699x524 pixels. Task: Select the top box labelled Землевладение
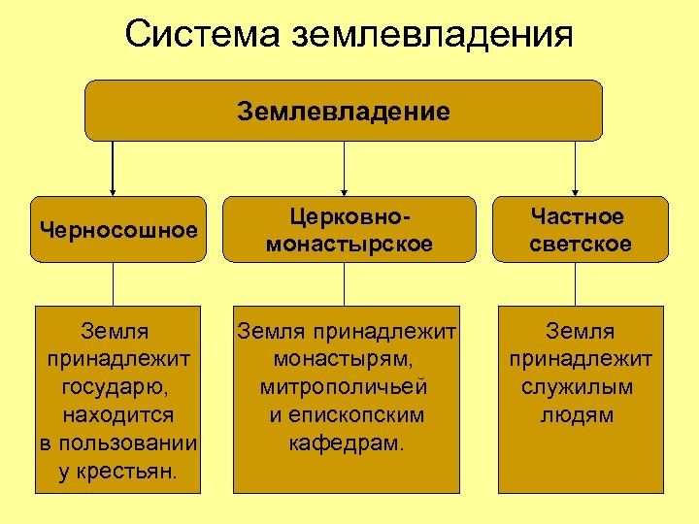click(344, 111)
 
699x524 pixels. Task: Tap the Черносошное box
click(118, 230)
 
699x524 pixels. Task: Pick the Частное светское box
click(580, 230)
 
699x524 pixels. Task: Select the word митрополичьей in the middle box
click(344, 387)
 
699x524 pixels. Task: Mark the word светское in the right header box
click(580, 244)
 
